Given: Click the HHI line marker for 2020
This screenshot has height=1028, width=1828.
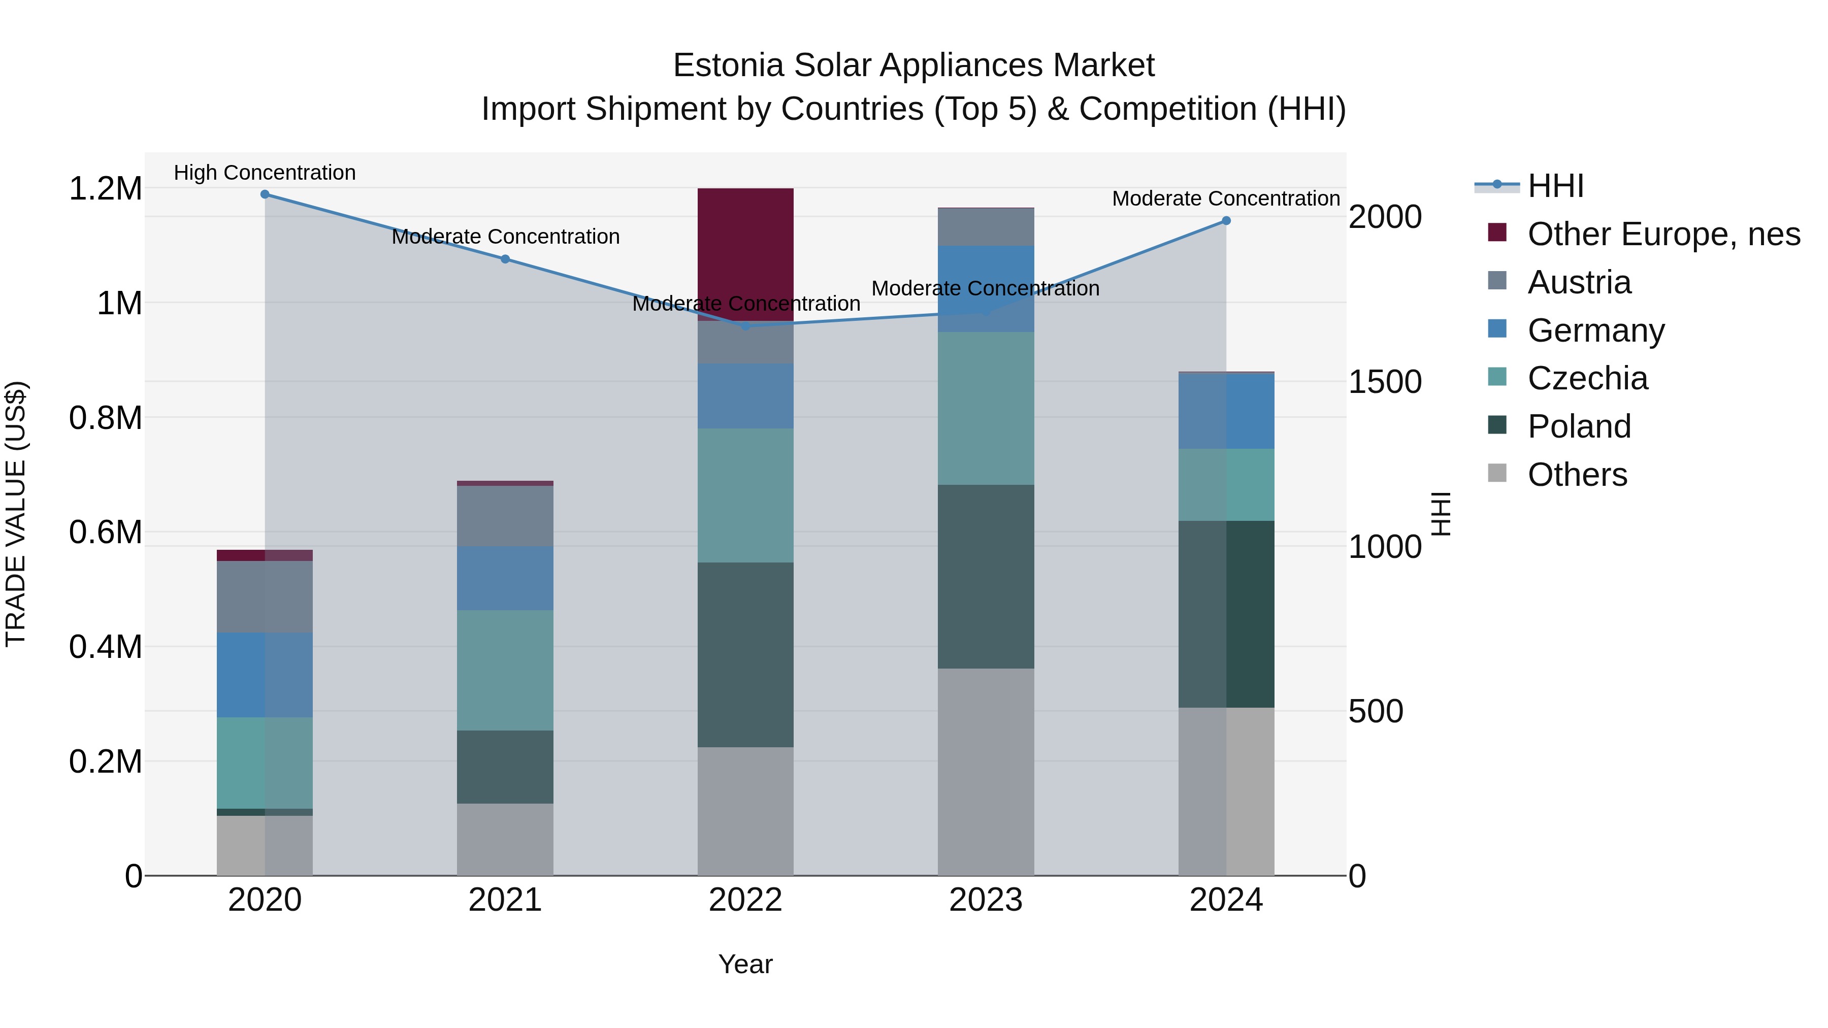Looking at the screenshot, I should (265, 194).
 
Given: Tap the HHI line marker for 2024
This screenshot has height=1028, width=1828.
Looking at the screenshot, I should (1226, 221).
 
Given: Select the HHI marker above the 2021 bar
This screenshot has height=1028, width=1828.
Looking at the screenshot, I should (505, 259).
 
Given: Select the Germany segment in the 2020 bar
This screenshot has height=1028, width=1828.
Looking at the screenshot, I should (265, 674).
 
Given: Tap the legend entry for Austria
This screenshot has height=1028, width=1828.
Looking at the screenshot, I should (1579, 282).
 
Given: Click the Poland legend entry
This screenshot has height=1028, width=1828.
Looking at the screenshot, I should (1579, 426).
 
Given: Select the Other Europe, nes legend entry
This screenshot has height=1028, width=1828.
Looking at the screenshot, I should (1662, 234).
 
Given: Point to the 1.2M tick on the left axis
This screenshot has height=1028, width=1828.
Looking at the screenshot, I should (106, 189).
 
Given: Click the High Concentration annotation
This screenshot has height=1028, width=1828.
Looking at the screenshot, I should (265, 173).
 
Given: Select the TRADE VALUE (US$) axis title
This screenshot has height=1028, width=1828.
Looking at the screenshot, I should (16, 514).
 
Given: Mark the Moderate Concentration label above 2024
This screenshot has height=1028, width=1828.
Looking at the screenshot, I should (1226, 198).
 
